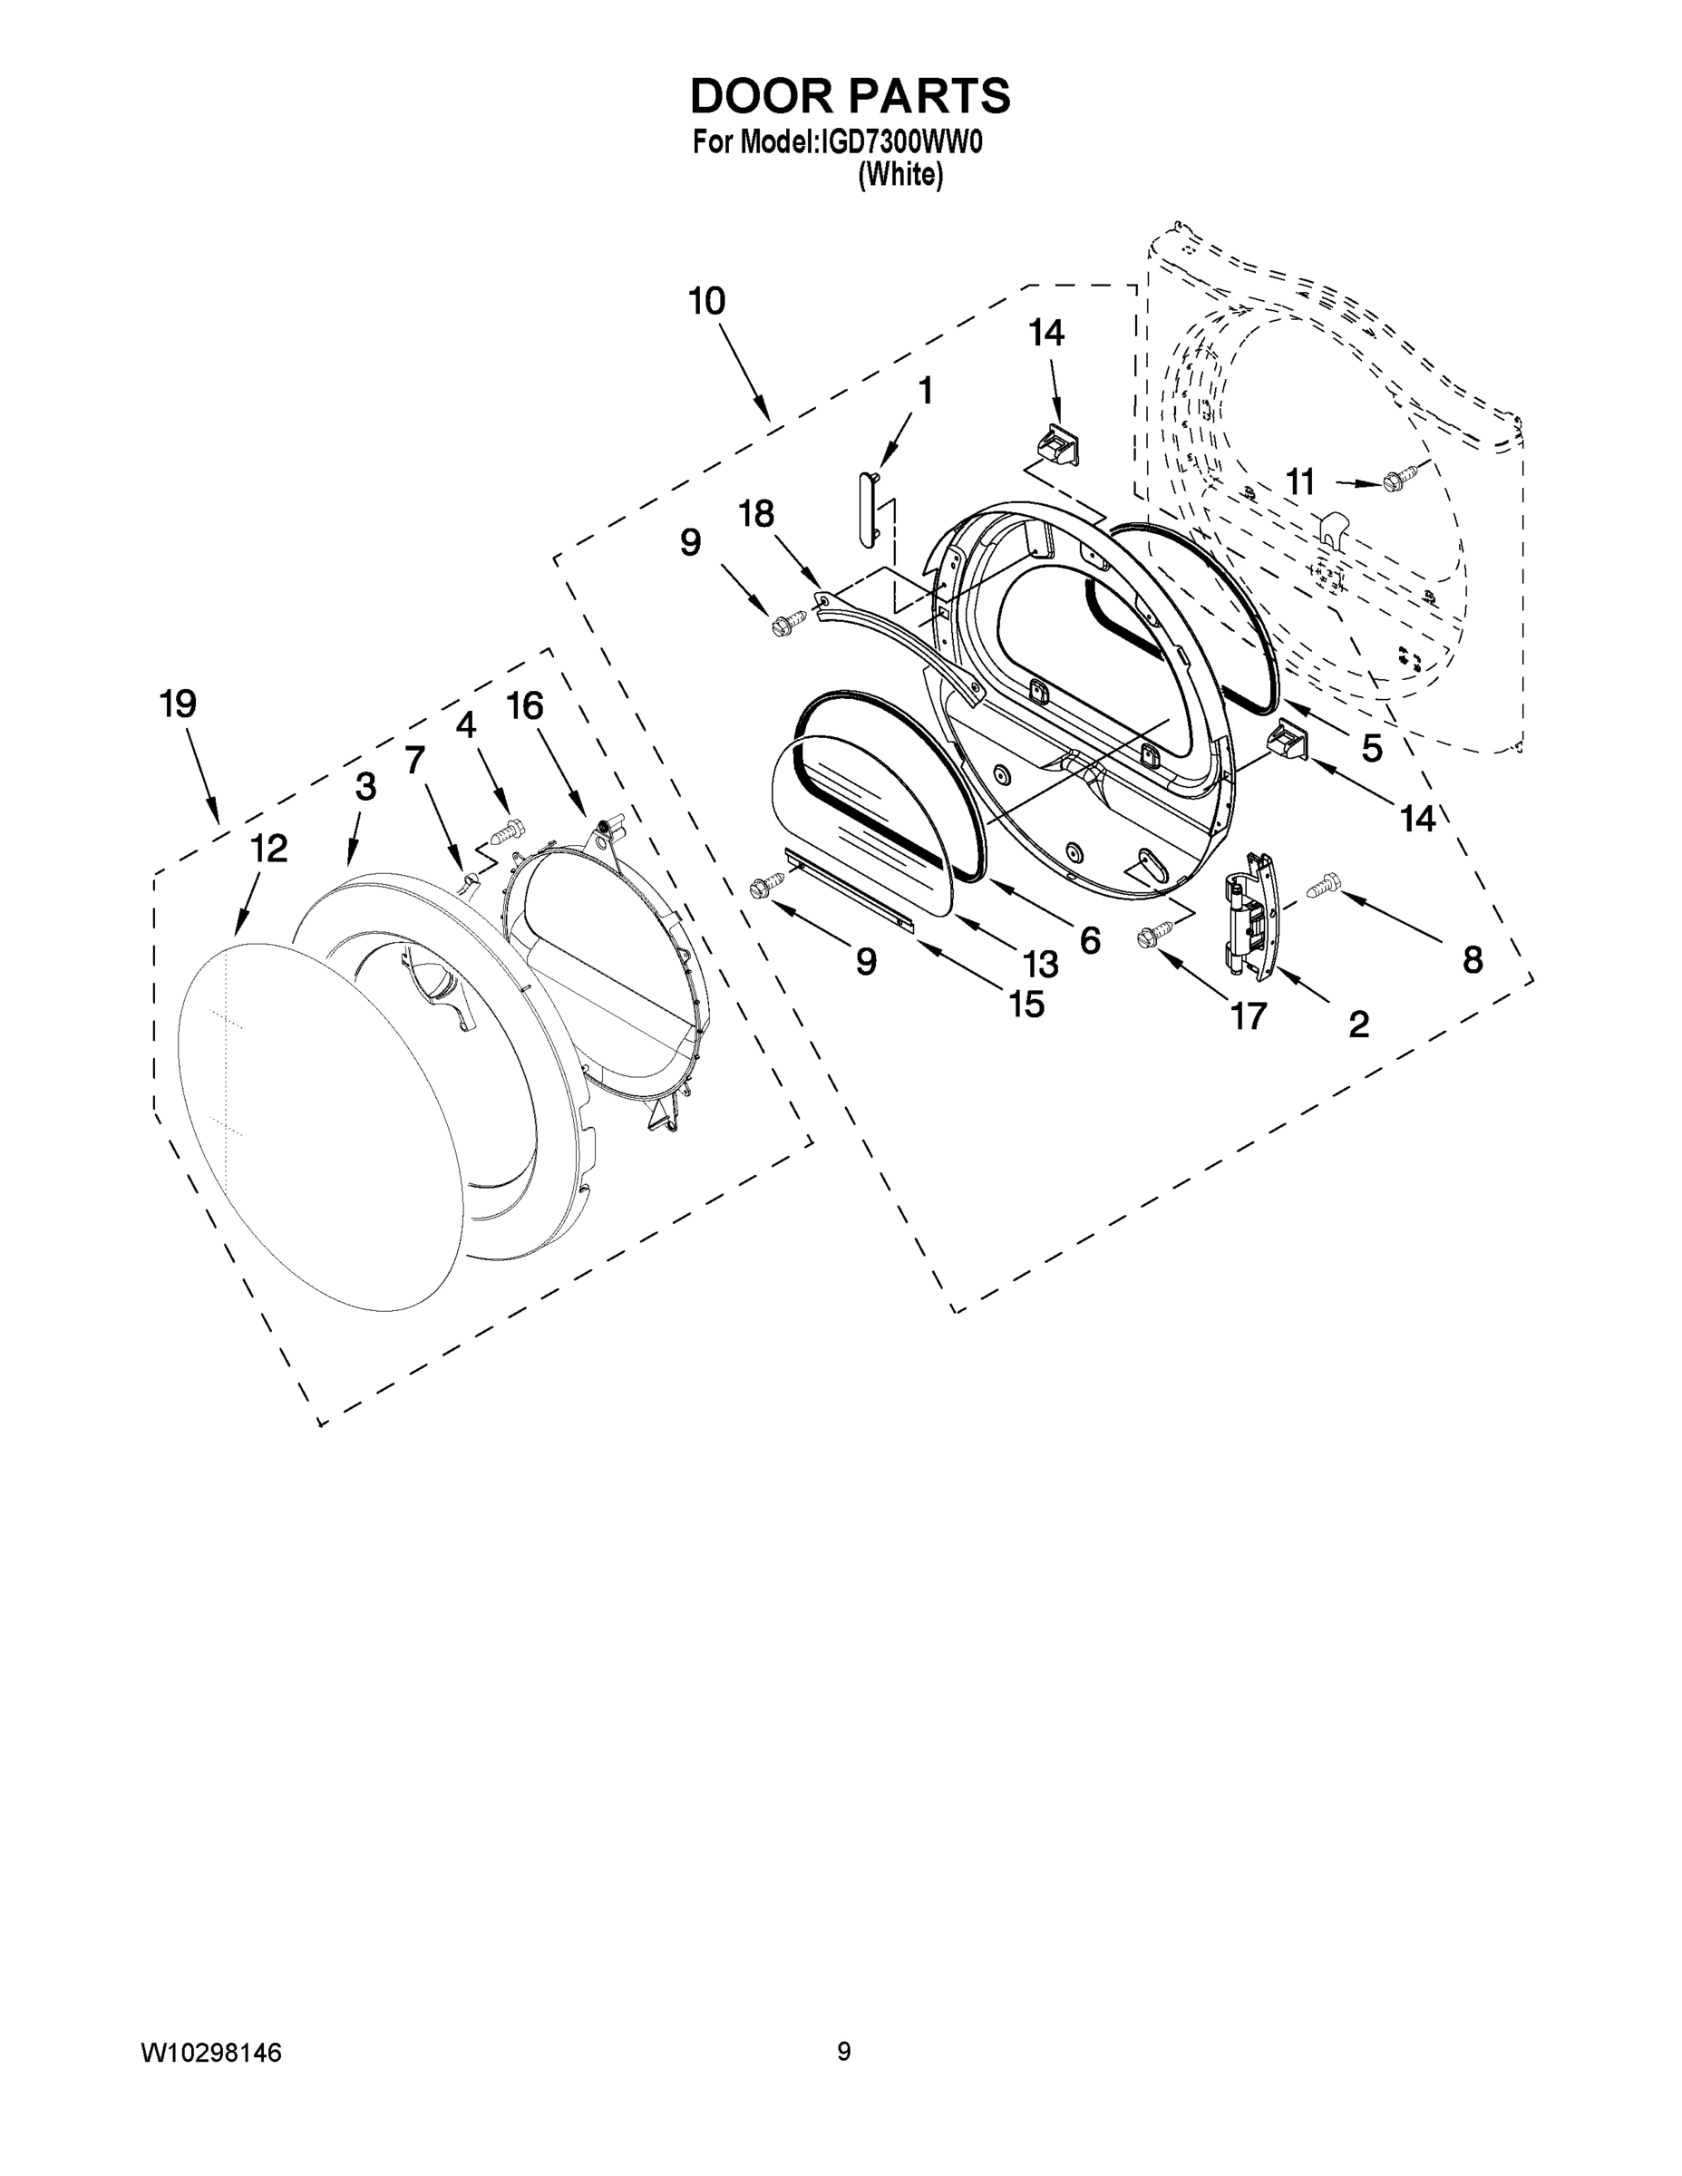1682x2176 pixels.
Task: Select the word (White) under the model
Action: [x=899, y=174]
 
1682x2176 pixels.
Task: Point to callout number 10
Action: [x=706, y=301]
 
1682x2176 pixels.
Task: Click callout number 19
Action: [x=179, y=704]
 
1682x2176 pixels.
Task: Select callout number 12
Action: [x=268, y=848]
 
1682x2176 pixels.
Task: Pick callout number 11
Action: [x=1299, y=482]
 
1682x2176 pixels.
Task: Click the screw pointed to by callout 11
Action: [x=1396, y=481]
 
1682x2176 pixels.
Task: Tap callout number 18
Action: [x=756, y=514]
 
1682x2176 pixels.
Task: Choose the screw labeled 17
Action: [x=1152, y=934]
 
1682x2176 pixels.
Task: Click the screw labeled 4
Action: [x=510, y=827]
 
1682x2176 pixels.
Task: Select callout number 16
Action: [x=525, y=705]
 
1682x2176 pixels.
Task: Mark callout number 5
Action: [x=1372, y=747]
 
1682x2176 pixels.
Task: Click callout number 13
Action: [x=1040, y=964]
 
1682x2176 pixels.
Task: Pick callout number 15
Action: [x=1026, y=1005]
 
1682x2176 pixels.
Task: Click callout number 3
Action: [x=365, y=787]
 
